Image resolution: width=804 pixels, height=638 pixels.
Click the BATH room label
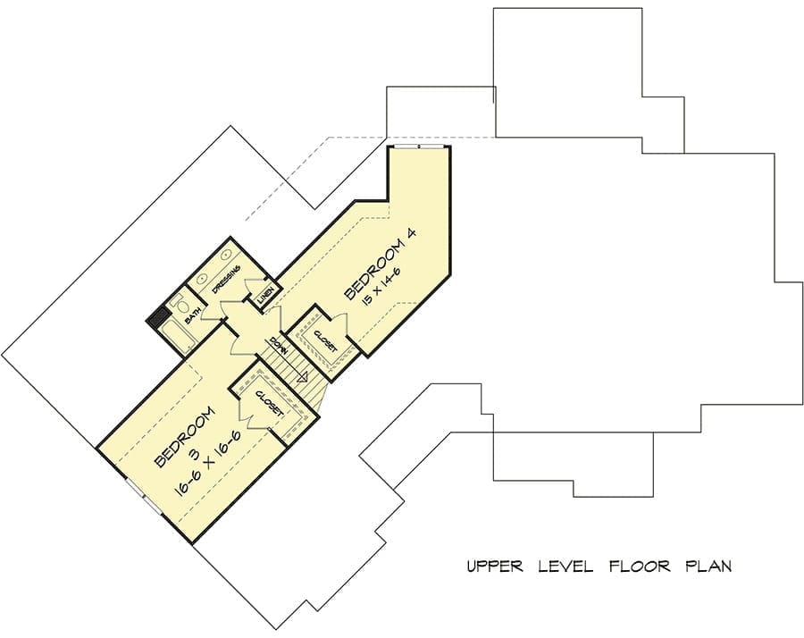point(192,314)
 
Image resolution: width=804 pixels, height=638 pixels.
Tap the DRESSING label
point(227,279)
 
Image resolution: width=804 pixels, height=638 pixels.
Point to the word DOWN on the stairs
point(279,346)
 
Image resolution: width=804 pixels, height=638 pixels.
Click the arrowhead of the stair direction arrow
point(303,377)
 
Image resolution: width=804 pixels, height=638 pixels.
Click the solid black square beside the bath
point(158,317)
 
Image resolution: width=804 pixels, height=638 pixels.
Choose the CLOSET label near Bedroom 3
point(270,404)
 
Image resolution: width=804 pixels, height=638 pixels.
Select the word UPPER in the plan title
point(495,567)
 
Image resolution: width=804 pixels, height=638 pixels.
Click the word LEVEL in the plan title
point(566,567)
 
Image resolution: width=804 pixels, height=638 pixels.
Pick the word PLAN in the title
point(709,567)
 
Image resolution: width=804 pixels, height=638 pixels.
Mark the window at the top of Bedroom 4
point(420,147)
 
